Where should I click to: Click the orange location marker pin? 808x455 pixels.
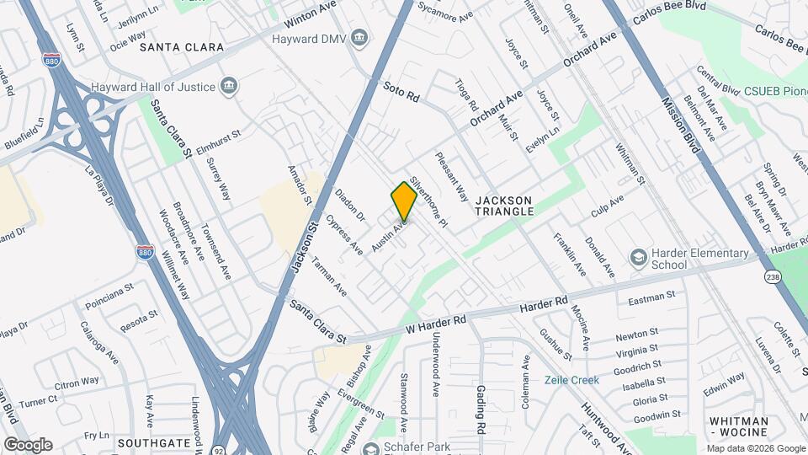coord(404,201)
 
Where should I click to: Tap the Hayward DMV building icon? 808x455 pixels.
coord(360,39)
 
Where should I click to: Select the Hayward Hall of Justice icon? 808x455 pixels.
coord(228,85)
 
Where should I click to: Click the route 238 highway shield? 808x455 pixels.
coord(773,276)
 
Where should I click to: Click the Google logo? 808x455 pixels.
coord(28,444)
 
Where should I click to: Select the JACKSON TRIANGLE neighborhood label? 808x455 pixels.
coord(504,206)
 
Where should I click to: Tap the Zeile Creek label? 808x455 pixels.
coord(571,380)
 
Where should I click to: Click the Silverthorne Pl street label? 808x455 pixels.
coord(428,205)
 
